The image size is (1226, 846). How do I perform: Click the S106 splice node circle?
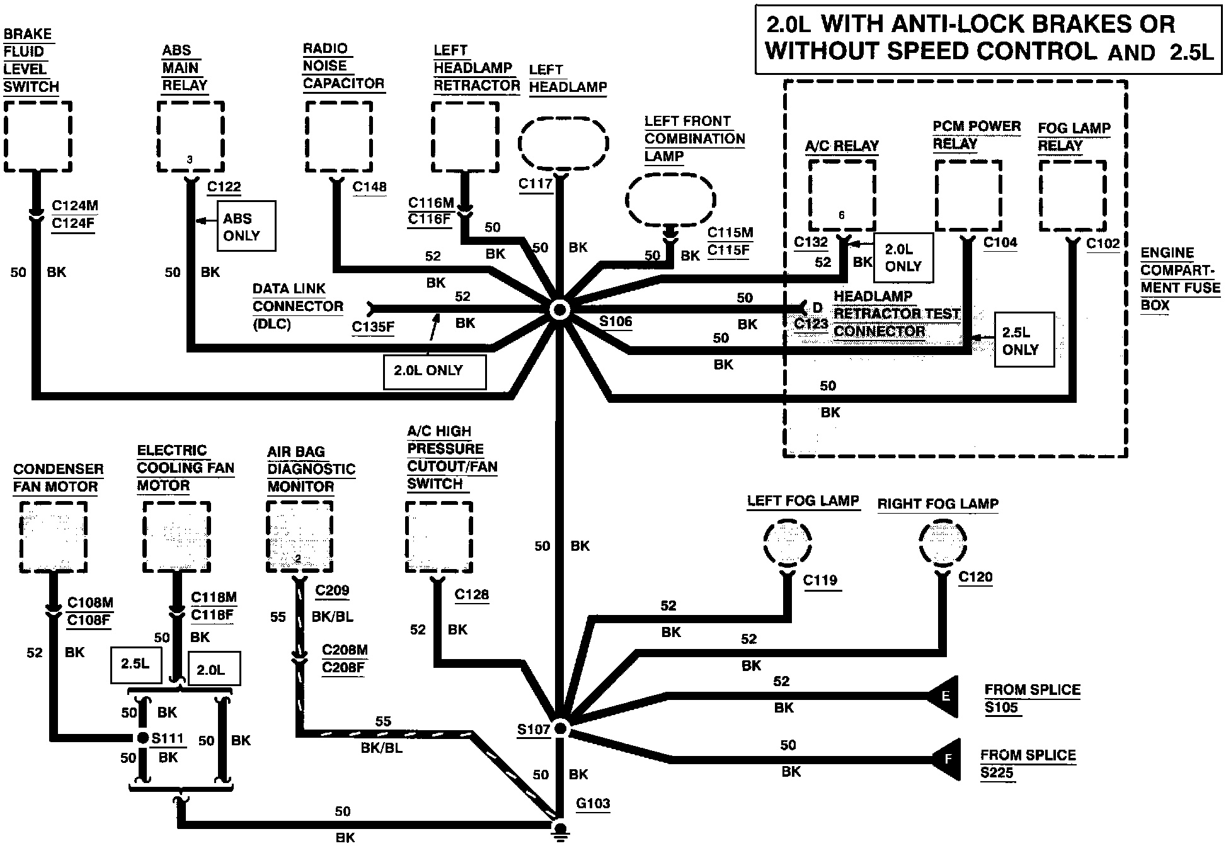pyautogui.click(x=559, y=309)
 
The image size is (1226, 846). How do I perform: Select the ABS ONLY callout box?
pyautogui.click(x=246, y=227)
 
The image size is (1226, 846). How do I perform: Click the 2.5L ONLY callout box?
pyautogui.click(x=1024, y=340)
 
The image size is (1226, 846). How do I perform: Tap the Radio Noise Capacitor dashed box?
pyautogui.click(x=339, y=136)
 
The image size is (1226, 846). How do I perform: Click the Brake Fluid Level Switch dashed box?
pyautogui.click(x=38, y=136)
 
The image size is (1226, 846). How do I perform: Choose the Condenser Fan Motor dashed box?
pyautogui.click(x=54, y=537)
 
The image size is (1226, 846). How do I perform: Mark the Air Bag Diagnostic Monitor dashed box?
pyautogui.click(x=300, y=537)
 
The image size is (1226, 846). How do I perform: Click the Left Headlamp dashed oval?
pyautogui.click(x=563, y=143)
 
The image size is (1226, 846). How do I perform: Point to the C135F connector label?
pyautogui.click(x=373, y=327)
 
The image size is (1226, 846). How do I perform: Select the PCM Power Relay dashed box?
pyautogui.click(x=968, y=196)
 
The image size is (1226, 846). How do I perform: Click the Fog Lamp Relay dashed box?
pyautogui.click(x=1072, y=196)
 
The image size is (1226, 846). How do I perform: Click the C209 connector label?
pyautogui.click(x=332, y=590)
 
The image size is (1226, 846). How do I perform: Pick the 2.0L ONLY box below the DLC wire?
pyautogui.click(x=435, y=372)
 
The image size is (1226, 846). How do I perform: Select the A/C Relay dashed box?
pyautogui.click(x=842, y=196)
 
